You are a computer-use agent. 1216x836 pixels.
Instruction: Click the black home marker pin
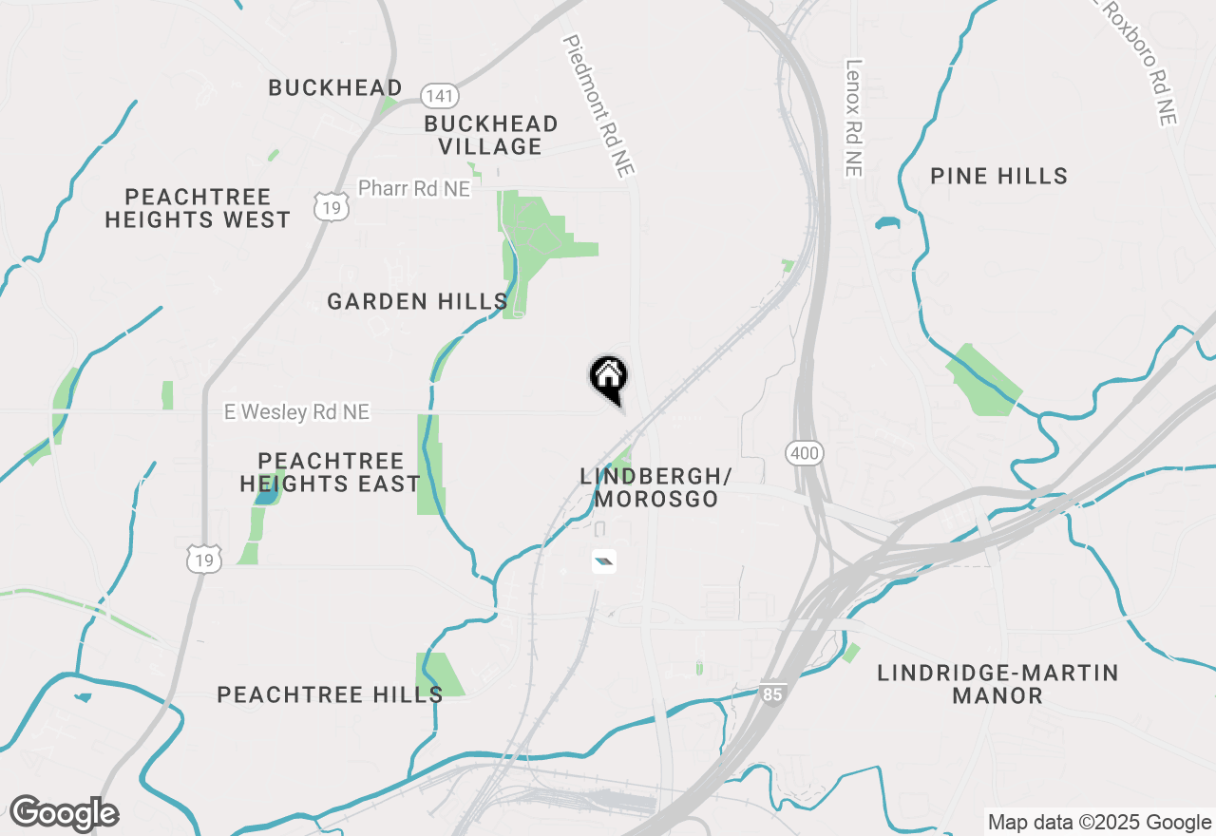pyautogui.click(x=608, y=377)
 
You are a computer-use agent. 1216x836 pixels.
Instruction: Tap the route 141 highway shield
pyautogui.click(x=440, y=95)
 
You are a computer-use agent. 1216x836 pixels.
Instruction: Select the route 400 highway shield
pyautogui.click(x=805, y=453)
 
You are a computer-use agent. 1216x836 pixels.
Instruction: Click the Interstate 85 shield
pyautogui.click(x=772, y=694)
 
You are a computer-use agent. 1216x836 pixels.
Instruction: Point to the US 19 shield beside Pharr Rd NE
pyautogui.click(x=329, y=204)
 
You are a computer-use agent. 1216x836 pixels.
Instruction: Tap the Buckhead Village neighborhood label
pyautogui.click(x=491, y=135)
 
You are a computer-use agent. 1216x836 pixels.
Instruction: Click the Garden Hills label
pyautogui.click(x=417, y=302)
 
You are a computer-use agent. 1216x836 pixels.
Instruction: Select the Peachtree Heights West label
pyautogui.click(x=198, y=208)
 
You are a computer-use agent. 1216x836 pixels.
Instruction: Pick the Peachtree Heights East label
pyautogui.click(x=330, y=472)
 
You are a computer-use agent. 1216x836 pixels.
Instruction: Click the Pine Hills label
pyautogui.click(x=998, y=176)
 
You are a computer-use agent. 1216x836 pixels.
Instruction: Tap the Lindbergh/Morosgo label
pyautogui.click(x=655, y=486)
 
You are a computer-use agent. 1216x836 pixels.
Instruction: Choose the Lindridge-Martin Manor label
pyautogui.click(x=997, y=684)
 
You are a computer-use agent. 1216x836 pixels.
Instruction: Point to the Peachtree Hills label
pyautogui.click(x=330, y=694)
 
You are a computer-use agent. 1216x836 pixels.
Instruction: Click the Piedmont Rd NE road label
pyautogui.click(x=598, y=105)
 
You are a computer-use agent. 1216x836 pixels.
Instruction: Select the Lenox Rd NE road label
pyautogui.click(x=852, y=118)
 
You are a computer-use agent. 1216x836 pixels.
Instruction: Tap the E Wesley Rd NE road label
pyautogui.click(x=296, y=411)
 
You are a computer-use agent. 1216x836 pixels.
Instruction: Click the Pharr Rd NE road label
pyautogui.click(x=413, y=188)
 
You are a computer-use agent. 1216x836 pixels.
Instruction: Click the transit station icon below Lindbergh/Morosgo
pyautogui.click(x=603, y=562)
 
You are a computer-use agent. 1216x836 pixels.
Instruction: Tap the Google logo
pyautogui.click(x=64, y=813)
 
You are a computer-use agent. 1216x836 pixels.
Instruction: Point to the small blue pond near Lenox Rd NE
pyautogui.click(x=886, y=224)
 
